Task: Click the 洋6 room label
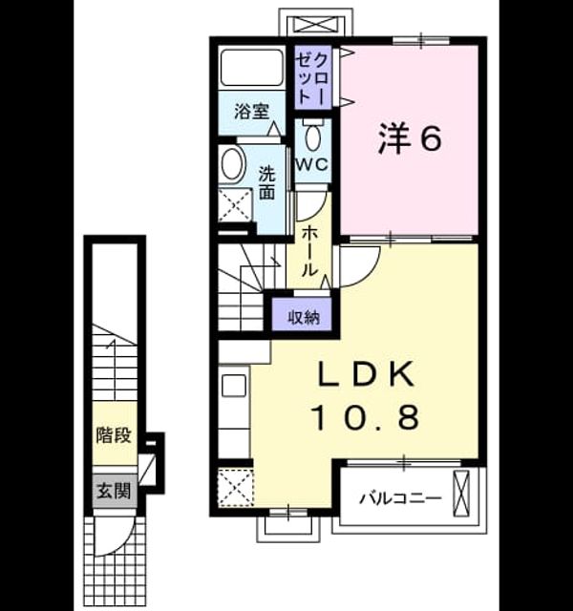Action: [410, 137]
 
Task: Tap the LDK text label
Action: [366, 374]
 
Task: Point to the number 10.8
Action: [366, 416]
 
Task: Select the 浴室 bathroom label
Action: [251, 112]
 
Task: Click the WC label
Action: [312, 165]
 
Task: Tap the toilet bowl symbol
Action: [312, 137]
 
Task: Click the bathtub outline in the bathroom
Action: [252, 67]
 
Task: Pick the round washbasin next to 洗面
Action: [233, 163]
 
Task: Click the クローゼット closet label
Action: [312, 76]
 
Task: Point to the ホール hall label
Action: [308, 252]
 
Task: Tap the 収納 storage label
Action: [304, 318]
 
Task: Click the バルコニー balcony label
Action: [400, 498]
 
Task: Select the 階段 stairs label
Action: [114, 435]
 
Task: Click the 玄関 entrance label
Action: [114, 491]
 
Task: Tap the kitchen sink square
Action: [234, 386]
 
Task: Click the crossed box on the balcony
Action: [461, 494]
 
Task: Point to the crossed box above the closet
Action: [316, 25]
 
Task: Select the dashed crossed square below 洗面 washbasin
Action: [235, 205]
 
